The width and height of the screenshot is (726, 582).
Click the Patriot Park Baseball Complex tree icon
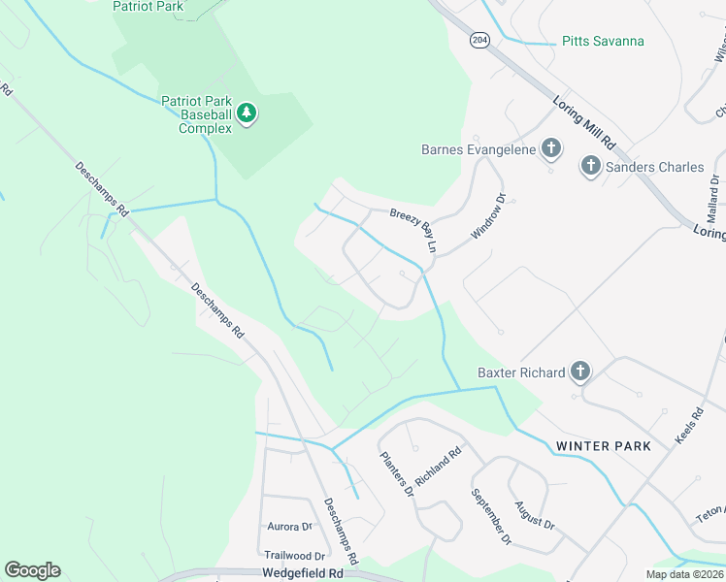click(x=247, y=113)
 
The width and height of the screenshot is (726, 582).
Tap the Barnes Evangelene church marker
click(x=550, y=149)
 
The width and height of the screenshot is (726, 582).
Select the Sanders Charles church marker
click(x=590, y=167)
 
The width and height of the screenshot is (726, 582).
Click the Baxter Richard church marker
click(x=579, y=372)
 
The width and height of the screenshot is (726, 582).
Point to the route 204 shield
click(x=478, y=40)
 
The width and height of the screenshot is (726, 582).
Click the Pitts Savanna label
click(x=603, y=42)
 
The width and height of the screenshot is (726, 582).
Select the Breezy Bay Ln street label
click(x=412, y=230)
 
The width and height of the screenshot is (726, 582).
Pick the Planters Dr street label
click(x=396, y=474)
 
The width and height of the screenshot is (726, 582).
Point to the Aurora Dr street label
click(x=289, y=527)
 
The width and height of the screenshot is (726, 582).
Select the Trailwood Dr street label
click(x=294, y=556)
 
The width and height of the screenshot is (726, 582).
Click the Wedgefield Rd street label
click(x=303, y=574)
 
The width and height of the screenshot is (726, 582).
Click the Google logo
click(x=32, y=570)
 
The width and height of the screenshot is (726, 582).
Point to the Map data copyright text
click(x=685, y=574)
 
